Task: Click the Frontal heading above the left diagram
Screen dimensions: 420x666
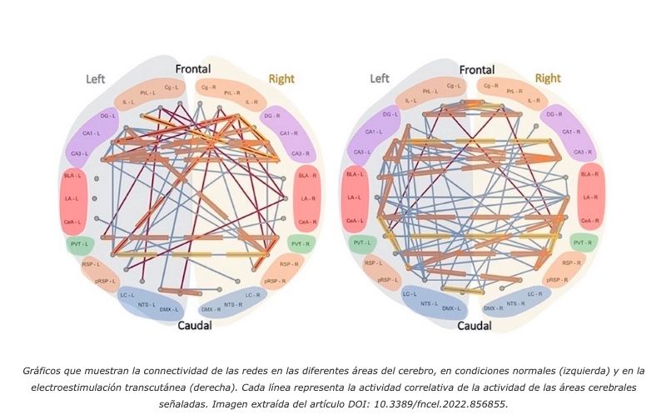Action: tap(192, 69)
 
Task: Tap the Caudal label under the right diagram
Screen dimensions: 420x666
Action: tap(476, 325)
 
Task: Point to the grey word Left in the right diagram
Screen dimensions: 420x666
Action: tap(379, 78)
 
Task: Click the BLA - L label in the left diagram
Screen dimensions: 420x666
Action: tap(72, 176)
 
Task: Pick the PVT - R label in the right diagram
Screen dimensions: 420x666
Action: tap(587, 242)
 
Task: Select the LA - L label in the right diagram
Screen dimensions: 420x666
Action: tap(355, 197)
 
